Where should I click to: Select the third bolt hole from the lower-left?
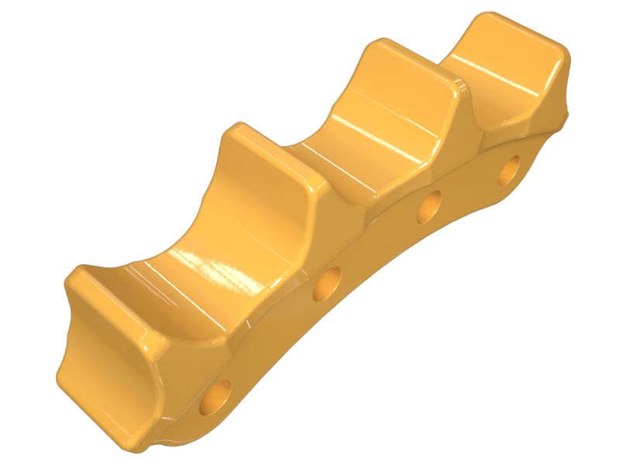(x=429, y=206)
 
